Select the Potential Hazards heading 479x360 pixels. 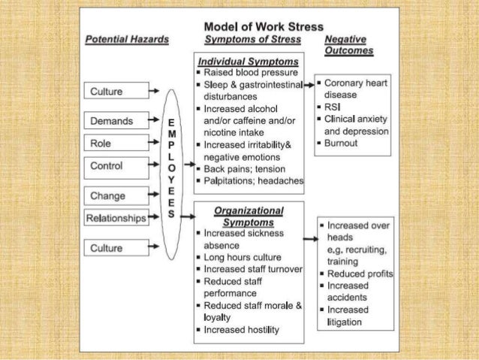click(x=127, y=39)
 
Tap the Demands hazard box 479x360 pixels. click(x=111, y=121)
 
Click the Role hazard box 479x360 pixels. click(x=111, y=143)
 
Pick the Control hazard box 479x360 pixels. click(x=111, y=165)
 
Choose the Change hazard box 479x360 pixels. click(x=111, y=195)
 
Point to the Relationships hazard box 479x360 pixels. click(x=116, y=219)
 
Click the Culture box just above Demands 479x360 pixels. click(x=111, y=92)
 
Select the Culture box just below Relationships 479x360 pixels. click(x=111, y=247)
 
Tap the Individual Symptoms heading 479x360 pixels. click(x=247, y=61)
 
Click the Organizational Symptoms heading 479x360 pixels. click(x=247, y=216)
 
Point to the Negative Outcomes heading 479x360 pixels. click(x=349, y=44)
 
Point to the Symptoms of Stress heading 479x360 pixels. click(x=252, y=39)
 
